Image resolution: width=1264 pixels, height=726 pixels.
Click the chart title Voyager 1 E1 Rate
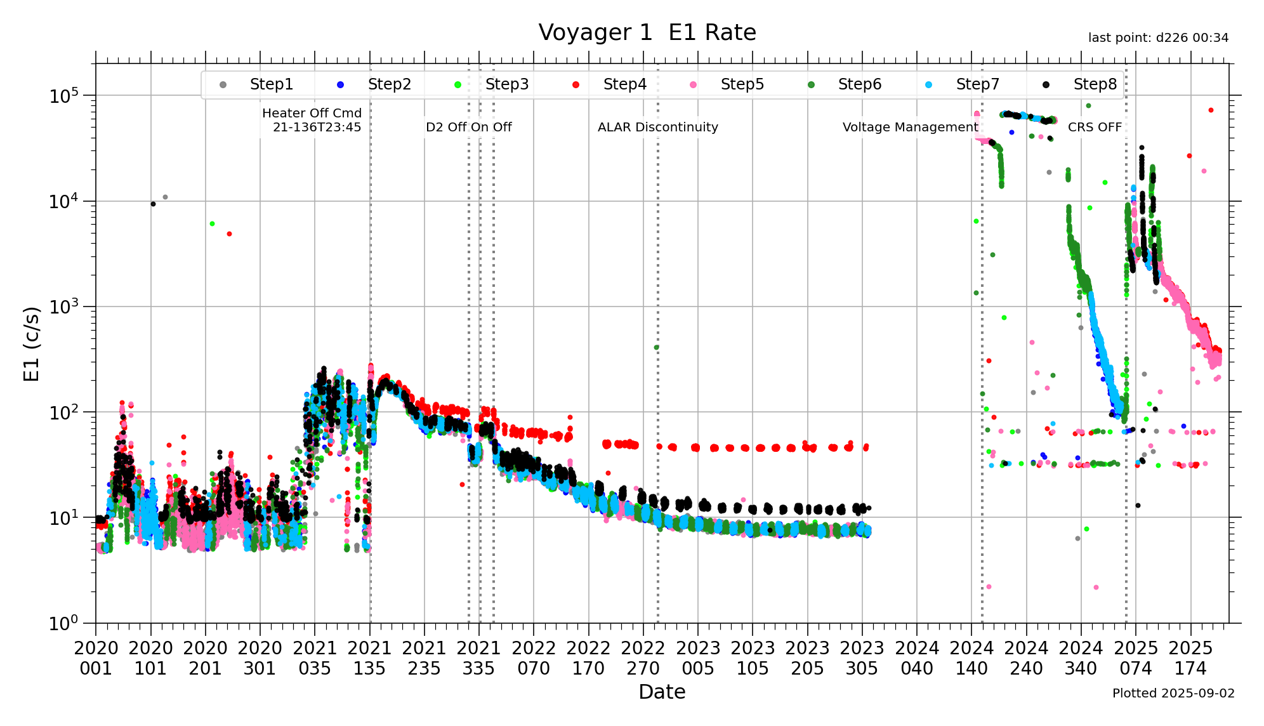(647, 32)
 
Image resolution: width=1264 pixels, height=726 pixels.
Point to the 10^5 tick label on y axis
(64, 96)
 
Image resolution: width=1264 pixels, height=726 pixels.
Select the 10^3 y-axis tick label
(64, 307)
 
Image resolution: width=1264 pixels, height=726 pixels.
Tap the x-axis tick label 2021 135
(370, 658)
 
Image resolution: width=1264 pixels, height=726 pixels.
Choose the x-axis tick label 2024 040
(917, 658)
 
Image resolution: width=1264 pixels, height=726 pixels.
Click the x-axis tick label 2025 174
(1190, 658)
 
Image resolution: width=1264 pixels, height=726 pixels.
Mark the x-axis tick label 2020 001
(96, 658)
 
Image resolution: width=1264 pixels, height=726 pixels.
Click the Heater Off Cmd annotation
(312, 120)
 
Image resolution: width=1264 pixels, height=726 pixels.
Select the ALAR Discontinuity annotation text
(657, 127)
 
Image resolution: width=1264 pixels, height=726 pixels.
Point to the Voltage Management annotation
(910, 127)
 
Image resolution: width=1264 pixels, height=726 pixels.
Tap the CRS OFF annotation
(1095, 127)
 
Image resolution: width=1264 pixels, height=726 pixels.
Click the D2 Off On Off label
(468, 127)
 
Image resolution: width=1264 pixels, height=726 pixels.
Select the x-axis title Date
(662, 692)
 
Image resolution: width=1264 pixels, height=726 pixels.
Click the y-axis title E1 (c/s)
(32, 343)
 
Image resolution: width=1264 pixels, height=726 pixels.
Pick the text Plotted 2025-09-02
(1173, 693)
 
